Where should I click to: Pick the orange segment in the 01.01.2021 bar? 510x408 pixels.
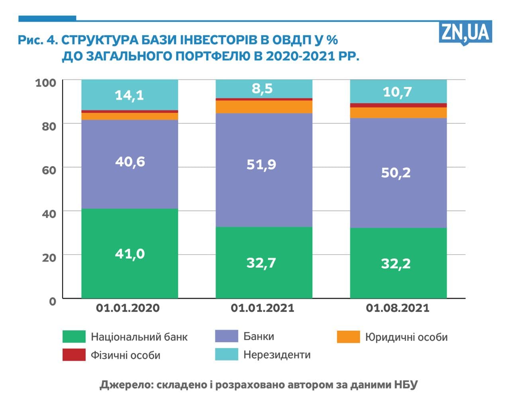[264, 107]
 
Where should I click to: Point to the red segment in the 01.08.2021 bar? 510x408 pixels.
[398, 105]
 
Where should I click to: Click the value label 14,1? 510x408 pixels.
[129, 95]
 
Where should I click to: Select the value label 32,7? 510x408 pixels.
[261, 263]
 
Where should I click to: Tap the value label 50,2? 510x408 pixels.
[396, 173]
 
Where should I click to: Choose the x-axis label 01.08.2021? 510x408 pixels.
[398, 308]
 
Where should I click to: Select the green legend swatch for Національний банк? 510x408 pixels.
[74, 337]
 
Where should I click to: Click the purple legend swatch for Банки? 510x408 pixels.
[226, 336]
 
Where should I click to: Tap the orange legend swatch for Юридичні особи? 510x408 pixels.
[348, 337]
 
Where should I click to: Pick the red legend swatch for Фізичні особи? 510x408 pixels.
[74, 355]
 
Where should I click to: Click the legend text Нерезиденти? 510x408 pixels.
[277, 355]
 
